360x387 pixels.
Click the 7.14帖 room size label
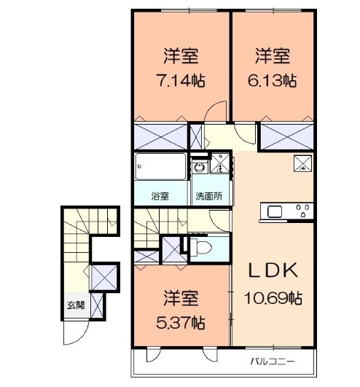(x=181, y=80)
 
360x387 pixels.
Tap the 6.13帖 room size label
(x=272, y=80)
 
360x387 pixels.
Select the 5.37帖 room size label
(x=181, y=323)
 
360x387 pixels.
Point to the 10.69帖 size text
(x=273, y=298)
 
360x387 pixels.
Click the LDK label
(x=273, y=270)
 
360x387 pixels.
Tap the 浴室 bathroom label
(x=160, y=196)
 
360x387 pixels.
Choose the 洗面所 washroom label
(x=209, y=196)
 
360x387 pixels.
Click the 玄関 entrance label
(x=76, y=305)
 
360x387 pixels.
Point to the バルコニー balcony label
(x=273, y=361)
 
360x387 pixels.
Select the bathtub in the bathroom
(x=160, y=167)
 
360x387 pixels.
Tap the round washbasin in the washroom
(x=199, y=168)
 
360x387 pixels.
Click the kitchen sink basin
(x=275, y=211)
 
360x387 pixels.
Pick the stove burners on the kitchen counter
(x=303, y=211)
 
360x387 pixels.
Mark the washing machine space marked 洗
(x=219, y=163)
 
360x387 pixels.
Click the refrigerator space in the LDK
(x=302, y=163)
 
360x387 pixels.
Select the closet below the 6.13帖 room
(x=287, y=137)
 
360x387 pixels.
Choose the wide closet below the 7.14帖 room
(x=160, y=137)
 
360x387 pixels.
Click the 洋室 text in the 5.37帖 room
(x=181, y=298)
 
